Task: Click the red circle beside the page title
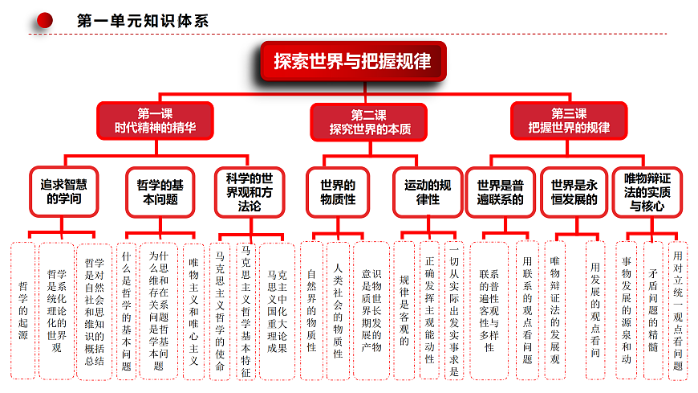(x=44, y=21)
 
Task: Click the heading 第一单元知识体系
(x=143, y=21)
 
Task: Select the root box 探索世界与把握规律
(x=353, y=61)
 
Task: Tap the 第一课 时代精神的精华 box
(x=155, y=121)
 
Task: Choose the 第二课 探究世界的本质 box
(x=368, y=122)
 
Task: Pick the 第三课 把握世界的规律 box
(x=569, y=121)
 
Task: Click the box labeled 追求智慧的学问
(x=64, y=191)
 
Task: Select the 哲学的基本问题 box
(x=160, y=192)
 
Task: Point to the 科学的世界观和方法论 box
(x=250, y=192)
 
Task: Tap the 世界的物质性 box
(x=338, y=192)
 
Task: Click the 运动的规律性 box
(x=428, y=192)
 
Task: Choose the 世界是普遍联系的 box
(x=501, y=192)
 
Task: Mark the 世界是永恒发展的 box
(x=574, y=192)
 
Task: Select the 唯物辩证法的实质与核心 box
(x=647, y=192)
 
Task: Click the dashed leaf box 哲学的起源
(x=22, y=310)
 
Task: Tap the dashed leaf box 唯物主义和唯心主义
(x=193, y=311)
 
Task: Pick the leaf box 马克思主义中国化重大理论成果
(x=277, y=311)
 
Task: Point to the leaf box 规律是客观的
(x=404, y=310)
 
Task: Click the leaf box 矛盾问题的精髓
(x=653, y=310)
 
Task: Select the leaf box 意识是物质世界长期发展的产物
(x=371, y=310)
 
